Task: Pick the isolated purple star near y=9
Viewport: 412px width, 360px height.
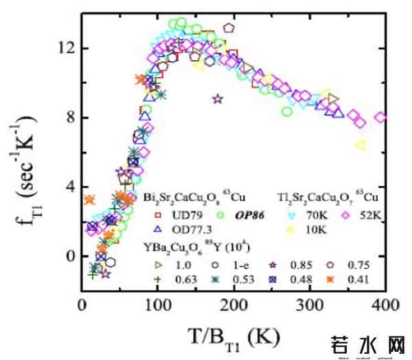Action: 218,99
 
